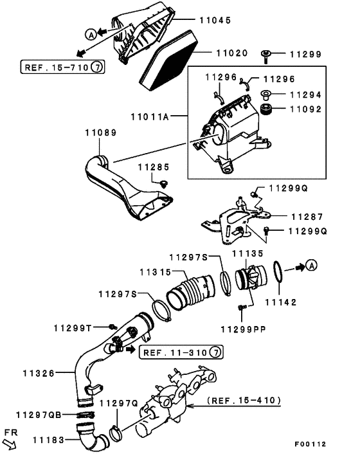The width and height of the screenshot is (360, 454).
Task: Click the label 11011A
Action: point(154,118)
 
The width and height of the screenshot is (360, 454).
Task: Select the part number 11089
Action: point(100,133)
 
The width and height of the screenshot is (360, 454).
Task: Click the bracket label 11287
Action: point(307,217)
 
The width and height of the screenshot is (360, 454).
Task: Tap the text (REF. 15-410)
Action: point(244,400)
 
